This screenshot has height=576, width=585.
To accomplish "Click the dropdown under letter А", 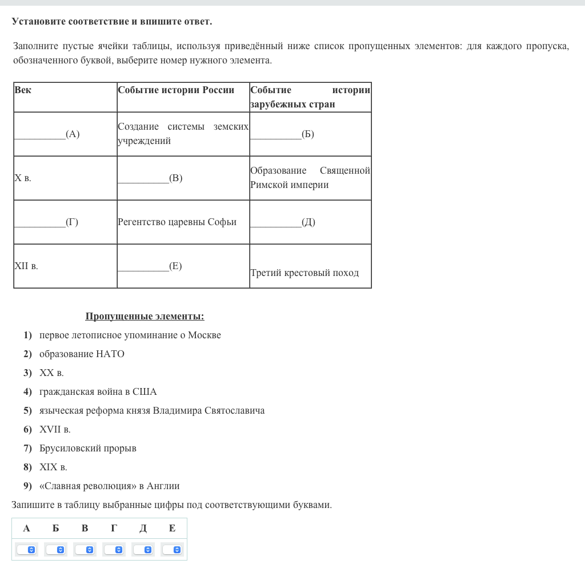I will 26,550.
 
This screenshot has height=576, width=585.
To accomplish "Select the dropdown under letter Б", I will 55,550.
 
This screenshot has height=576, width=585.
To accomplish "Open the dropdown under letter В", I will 85,550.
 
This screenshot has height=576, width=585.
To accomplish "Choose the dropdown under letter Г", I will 114,550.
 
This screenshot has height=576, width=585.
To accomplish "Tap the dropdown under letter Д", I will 143,550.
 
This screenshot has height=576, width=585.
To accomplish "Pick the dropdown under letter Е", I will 172,550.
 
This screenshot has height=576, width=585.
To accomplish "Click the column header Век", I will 23,90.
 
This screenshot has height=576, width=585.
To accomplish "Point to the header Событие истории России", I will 176,90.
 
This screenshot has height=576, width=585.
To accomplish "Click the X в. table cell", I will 23,178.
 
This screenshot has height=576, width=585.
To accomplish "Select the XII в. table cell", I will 26,266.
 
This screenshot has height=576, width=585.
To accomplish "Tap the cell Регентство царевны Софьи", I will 177,222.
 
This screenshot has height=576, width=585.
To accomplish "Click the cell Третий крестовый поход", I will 304,273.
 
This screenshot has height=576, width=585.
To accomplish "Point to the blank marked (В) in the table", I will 150,178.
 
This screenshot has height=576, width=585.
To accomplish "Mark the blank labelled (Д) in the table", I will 282,222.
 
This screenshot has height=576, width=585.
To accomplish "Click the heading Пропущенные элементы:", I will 145,317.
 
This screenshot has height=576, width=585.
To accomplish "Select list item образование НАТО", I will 82,354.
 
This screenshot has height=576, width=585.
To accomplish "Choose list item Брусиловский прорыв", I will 88,449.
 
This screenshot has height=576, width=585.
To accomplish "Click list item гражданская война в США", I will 98,392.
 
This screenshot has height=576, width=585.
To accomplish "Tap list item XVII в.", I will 55,430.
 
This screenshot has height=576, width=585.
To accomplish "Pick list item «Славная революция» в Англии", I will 110,486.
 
